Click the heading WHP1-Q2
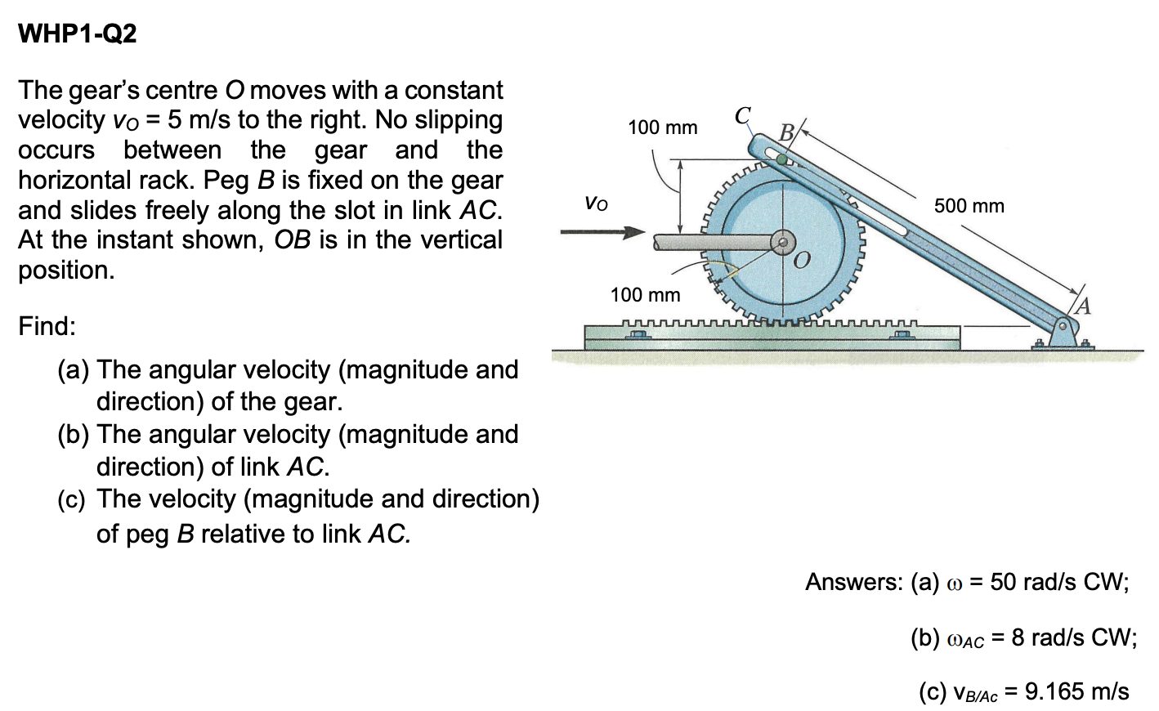click(78, 34)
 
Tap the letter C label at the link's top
click(742, 115)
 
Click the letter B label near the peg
click(786, 132)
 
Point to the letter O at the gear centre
click(802, 260)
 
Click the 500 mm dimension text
click(969, 205)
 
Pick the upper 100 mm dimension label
click(662, 127)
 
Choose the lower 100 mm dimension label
click(645, 294)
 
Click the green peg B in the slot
click(782, 160)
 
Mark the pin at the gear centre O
click(782, 242)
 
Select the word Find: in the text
click(47, 326)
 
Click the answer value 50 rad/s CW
click(1059, 582)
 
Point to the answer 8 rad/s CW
click(1073, 637)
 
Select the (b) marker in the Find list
click(74, 435)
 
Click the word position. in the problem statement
click(66, 271)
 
